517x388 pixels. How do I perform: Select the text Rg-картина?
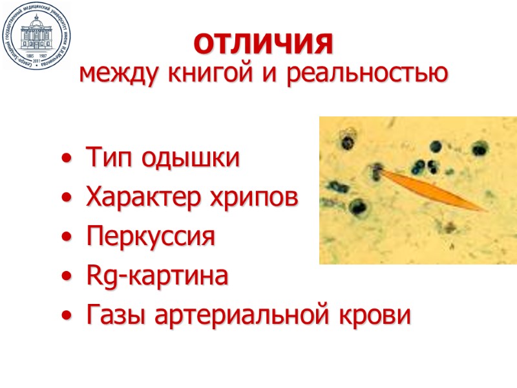[x=157, y=277]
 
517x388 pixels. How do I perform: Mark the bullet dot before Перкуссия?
[x=69, y=238]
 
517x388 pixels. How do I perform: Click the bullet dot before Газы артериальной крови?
[x=69, y=317]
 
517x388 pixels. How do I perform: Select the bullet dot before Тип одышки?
[x=69, y=159]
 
